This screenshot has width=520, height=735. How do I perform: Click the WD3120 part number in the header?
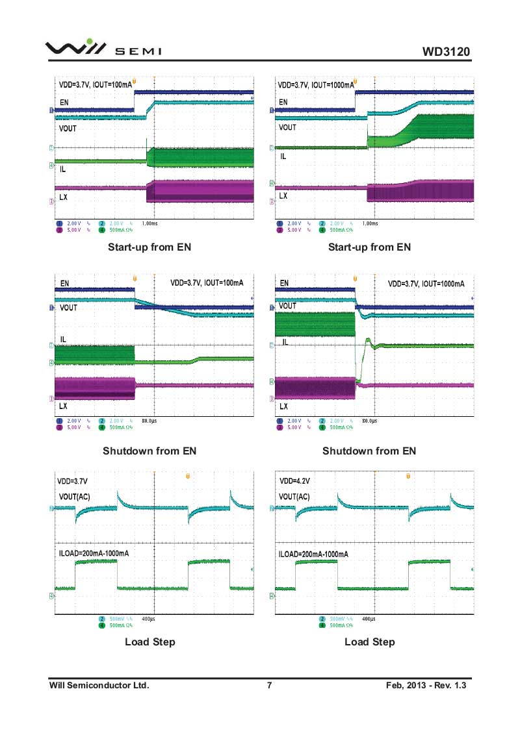click(445, 51)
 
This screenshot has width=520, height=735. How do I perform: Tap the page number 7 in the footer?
click(269, 685)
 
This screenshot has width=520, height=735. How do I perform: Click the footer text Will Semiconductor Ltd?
click(99, 685)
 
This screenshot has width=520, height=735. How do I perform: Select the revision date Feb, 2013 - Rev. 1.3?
click(426, 685)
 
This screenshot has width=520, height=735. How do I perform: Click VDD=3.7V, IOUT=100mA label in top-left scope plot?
click(95, 84)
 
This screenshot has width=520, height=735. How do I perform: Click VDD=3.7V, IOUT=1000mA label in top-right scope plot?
click(316, 84)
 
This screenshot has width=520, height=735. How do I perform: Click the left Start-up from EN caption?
click(149, 247)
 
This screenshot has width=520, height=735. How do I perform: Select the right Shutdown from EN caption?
click(369, 451)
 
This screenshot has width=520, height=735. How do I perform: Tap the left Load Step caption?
click(149, 642)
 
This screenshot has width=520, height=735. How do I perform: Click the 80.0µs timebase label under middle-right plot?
click(369, 421)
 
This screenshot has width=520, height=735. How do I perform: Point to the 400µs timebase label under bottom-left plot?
click(148, 619)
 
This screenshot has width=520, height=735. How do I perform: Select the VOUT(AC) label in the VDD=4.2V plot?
click(294, 497)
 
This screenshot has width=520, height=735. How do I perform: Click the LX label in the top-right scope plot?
click(283, 195)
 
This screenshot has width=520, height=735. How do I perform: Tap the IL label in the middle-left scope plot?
click(64, 340)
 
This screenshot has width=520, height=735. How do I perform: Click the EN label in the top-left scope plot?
click(64, 102)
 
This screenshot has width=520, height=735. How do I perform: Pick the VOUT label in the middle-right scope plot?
click(287, 305)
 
